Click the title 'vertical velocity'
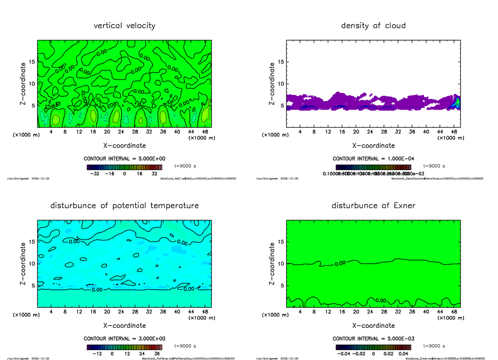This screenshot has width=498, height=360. [x=124, y=26]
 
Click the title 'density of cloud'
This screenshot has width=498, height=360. [x=373, y=26]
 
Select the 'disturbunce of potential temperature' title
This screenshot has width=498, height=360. [x=124, y=206]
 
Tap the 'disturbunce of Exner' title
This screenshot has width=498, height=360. [x=373, y=206]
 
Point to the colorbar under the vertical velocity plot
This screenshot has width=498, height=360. [x=124, y=167]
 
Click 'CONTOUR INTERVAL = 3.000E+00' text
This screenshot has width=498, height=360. [x=124, y=338]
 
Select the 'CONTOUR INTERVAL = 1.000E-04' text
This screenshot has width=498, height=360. [x=373, y=158]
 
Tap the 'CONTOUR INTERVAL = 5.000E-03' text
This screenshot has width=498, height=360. [x=373, y=338]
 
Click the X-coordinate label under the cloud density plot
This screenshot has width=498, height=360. [x=373, y=146]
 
